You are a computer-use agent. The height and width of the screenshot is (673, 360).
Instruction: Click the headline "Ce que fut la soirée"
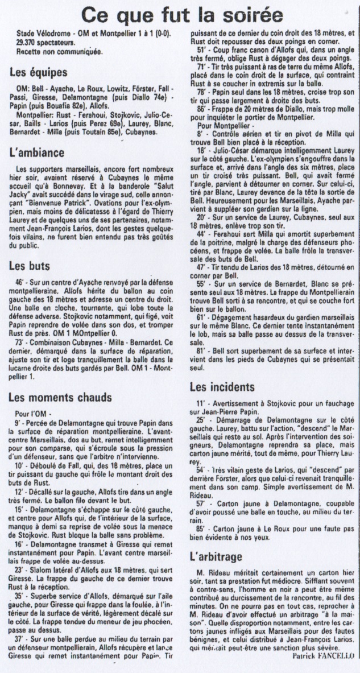coord(182,13)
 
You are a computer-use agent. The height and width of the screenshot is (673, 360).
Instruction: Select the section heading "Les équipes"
coord(39,73)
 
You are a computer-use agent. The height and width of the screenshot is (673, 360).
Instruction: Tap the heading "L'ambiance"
coord(37,153)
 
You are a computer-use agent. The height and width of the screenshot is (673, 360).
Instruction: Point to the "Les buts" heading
coord(30,265)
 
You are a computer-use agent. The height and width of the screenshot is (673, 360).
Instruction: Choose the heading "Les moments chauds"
coord(60,397)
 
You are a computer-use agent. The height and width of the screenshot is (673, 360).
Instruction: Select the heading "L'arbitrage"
coord(216,556)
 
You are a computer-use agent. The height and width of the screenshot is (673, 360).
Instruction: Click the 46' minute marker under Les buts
coord(22,283)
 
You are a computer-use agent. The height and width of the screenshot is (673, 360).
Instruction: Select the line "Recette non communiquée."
coord(52,52)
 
